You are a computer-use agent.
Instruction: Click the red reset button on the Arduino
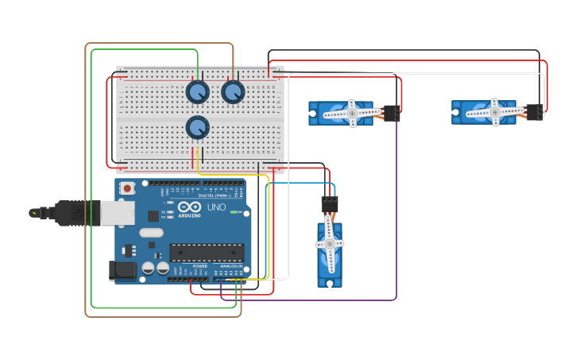click(x=127, y=189)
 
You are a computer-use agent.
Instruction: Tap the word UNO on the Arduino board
click(x=216, y=207)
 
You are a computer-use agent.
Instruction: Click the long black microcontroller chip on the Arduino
click(x=206, y=252)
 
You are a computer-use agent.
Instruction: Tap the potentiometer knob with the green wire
click(x=197, y=92)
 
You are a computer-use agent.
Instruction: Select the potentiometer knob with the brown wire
click(x=233, y=92)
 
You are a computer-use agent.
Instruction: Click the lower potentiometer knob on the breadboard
click(x=197, y=127)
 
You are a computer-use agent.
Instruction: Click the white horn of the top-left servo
click(x=351, y=113)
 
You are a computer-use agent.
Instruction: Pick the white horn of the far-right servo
click(x=494, y=112)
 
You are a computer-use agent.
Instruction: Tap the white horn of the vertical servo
click(x=330, y=244)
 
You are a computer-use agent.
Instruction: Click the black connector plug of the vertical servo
click(x=330, y=204)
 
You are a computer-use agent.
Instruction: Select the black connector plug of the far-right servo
click(x=535, y=112)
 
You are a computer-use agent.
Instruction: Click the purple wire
click(x=396, y=238)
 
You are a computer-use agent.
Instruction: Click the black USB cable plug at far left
click(x=68, y=213)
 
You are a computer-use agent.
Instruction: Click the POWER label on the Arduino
click(x=188, y=266)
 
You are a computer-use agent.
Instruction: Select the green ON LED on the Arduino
click(x=235, y=212)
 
